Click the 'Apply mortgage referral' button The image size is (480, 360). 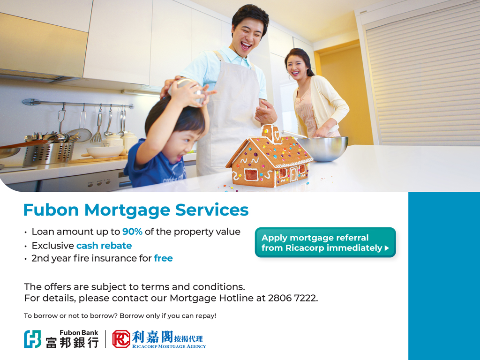(x=325, y=242)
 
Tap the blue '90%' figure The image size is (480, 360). (x=132, y=232)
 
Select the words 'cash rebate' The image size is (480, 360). (x=104, y=246)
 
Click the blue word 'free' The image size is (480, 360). (x=163, y=258)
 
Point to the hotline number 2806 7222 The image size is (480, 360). (x=292, y=298)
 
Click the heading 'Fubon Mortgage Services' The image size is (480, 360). (x=136, y=210)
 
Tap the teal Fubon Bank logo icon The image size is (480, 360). (x=32, y=339)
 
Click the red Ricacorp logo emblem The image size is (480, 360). (x=121, y=339)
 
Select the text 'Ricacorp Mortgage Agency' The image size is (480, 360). (x=169, y=346)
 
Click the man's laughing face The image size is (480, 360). (x=247, y=36)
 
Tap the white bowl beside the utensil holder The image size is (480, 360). (x=105, y=151)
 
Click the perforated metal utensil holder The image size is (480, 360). (x=48, y=153)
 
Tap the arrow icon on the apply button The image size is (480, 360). (x=387, y=248)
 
